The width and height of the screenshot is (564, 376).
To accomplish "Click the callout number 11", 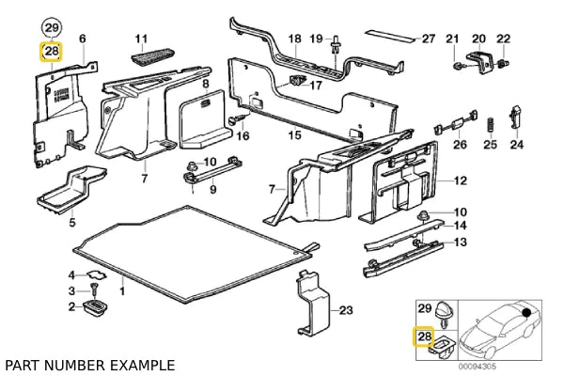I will (x=142, y=39).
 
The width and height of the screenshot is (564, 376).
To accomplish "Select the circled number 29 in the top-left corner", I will (x=52, y=26).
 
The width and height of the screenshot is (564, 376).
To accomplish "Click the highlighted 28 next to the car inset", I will (x=424, y=336).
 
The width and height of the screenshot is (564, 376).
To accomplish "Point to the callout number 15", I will (x=294, y=135).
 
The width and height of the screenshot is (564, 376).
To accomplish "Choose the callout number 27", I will (x=428, y=39).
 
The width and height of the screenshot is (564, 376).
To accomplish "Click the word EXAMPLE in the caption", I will (x=140, y=364).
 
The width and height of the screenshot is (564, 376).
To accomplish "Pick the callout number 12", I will (x=460, y=180).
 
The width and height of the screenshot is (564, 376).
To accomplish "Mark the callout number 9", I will (x=212, y=189).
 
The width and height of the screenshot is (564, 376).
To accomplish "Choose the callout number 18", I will (x=294, y=39).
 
